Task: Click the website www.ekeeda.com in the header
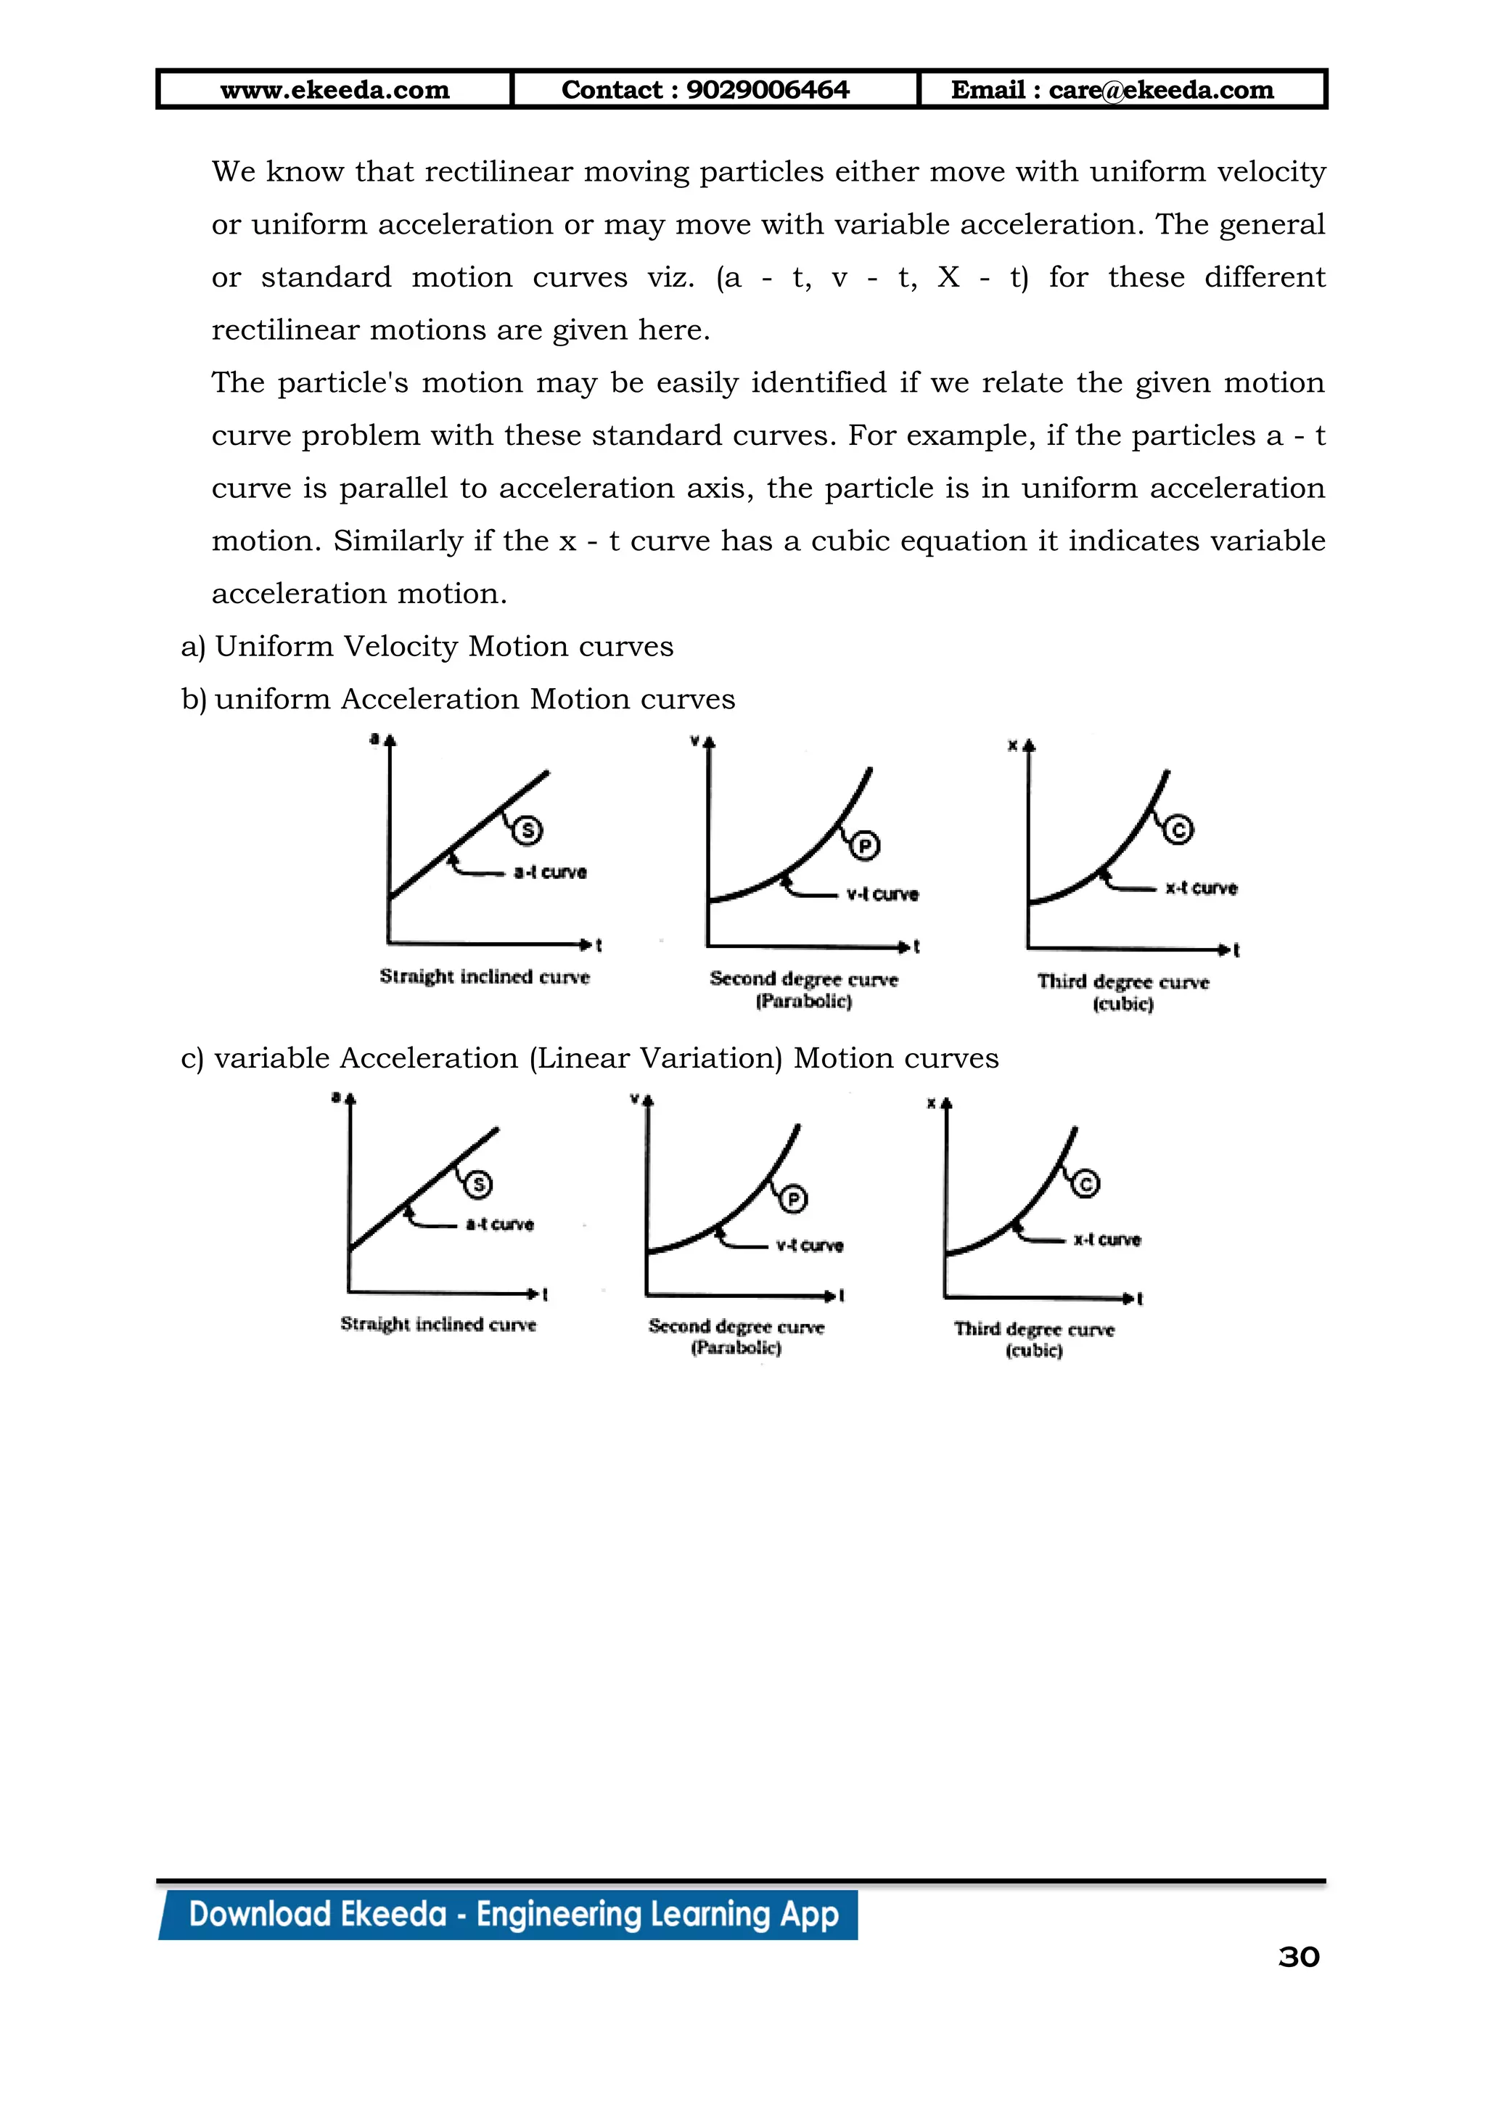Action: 335,90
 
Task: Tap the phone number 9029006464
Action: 767,90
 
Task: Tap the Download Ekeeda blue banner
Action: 512,1914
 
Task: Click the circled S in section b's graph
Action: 527,830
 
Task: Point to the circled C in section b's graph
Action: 1178,830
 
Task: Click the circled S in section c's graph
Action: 477,1184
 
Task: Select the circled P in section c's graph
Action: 792,1198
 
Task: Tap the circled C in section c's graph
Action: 1085,1184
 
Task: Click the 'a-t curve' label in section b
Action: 550,872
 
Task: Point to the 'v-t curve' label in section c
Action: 809,1245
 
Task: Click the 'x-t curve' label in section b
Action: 1201,888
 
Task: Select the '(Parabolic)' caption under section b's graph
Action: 803,1002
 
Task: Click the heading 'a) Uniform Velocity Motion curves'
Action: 427,646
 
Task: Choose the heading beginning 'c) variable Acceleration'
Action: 590,1058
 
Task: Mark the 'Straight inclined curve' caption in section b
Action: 484,977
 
